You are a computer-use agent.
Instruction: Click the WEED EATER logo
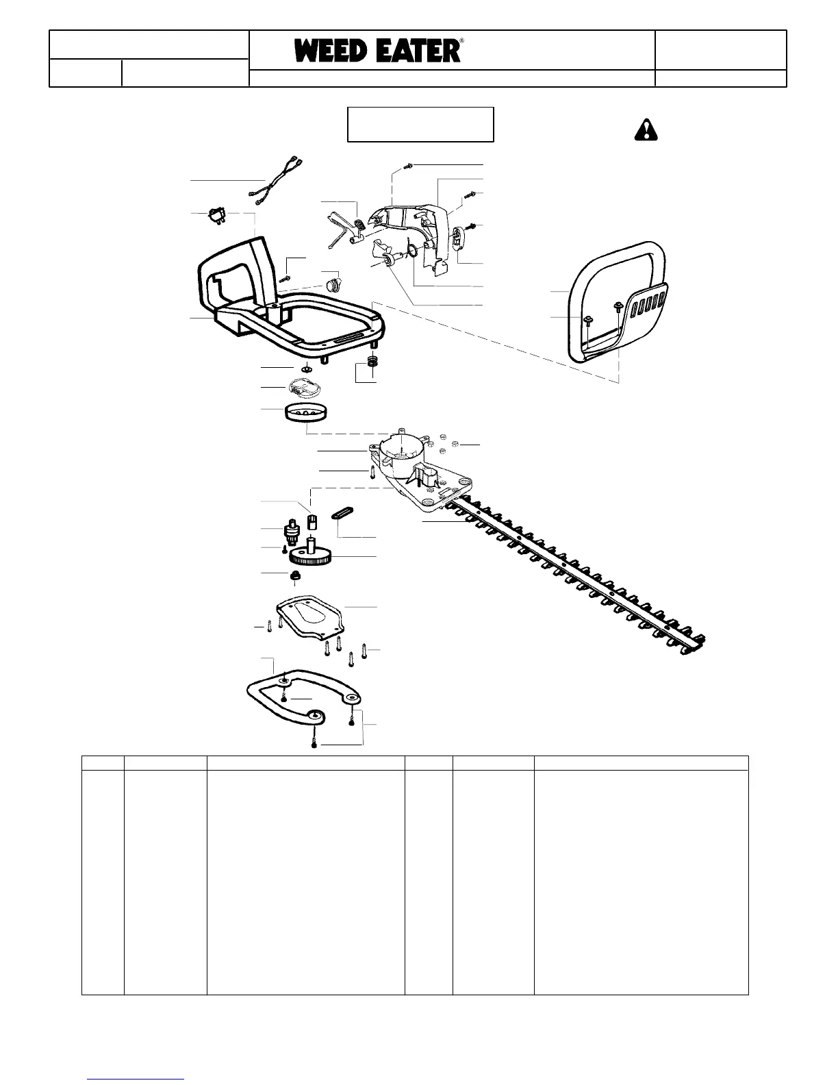[x=379, y=51]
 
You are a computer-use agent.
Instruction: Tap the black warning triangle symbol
[x=645, y=129]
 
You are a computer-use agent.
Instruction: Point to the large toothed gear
[x=312, y=556]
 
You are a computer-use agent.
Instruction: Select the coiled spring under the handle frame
[x=373, y=362]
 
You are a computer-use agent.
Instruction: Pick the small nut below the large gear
[x=296, y=577]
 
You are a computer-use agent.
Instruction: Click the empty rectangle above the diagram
[x=420, y=124]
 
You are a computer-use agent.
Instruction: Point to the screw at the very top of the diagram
[x=408, y=165]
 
